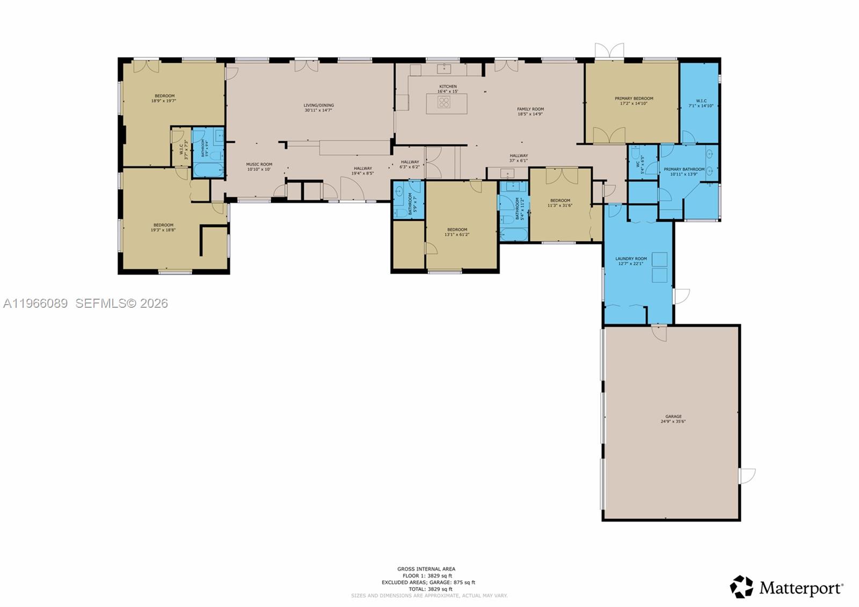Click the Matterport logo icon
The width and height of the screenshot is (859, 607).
coord(741,587)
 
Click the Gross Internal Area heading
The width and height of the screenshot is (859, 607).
coord(426,569)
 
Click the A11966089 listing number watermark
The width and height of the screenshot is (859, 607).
coord(35,303)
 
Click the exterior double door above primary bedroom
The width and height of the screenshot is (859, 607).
coord(609,51)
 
